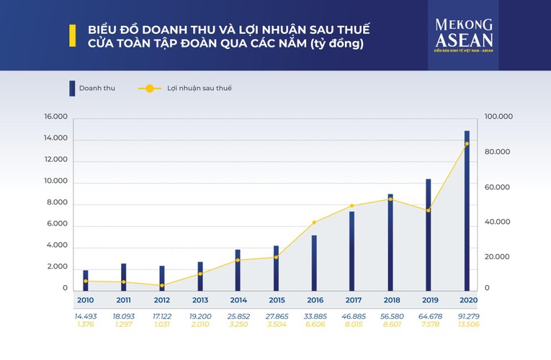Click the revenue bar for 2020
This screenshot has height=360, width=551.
pos(467,209)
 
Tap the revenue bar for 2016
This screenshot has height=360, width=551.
pos(314,261)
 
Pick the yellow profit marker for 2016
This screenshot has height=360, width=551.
pos(314,222)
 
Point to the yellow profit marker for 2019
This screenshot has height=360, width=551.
pos(429,210)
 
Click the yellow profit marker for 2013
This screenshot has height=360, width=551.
pos(200,274)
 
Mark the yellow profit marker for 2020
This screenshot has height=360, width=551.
pos(467,144)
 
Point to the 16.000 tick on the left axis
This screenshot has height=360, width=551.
pos(55,117)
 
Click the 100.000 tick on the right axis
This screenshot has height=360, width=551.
pos(498,117)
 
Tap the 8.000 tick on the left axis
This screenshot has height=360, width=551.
pos(58,203)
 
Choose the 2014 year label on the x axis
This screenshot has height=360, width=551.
pos(238,300)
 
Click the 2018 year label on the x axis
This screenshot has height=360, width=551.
pos(392,300)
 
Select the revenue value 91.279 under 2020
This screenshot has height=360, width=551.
pos(467,315)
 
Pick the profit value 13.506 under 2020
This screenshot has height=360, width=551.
pos(467,325)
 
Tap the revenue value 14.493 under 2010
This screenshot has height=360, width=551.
pos(86,315)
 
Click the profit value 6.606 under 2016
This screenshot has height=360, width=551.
pos(315,325)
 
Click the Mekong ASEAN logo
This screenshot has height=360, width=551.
pos(463,35)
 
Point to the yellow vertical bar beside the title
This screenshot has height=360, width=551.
pos(72,36)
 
